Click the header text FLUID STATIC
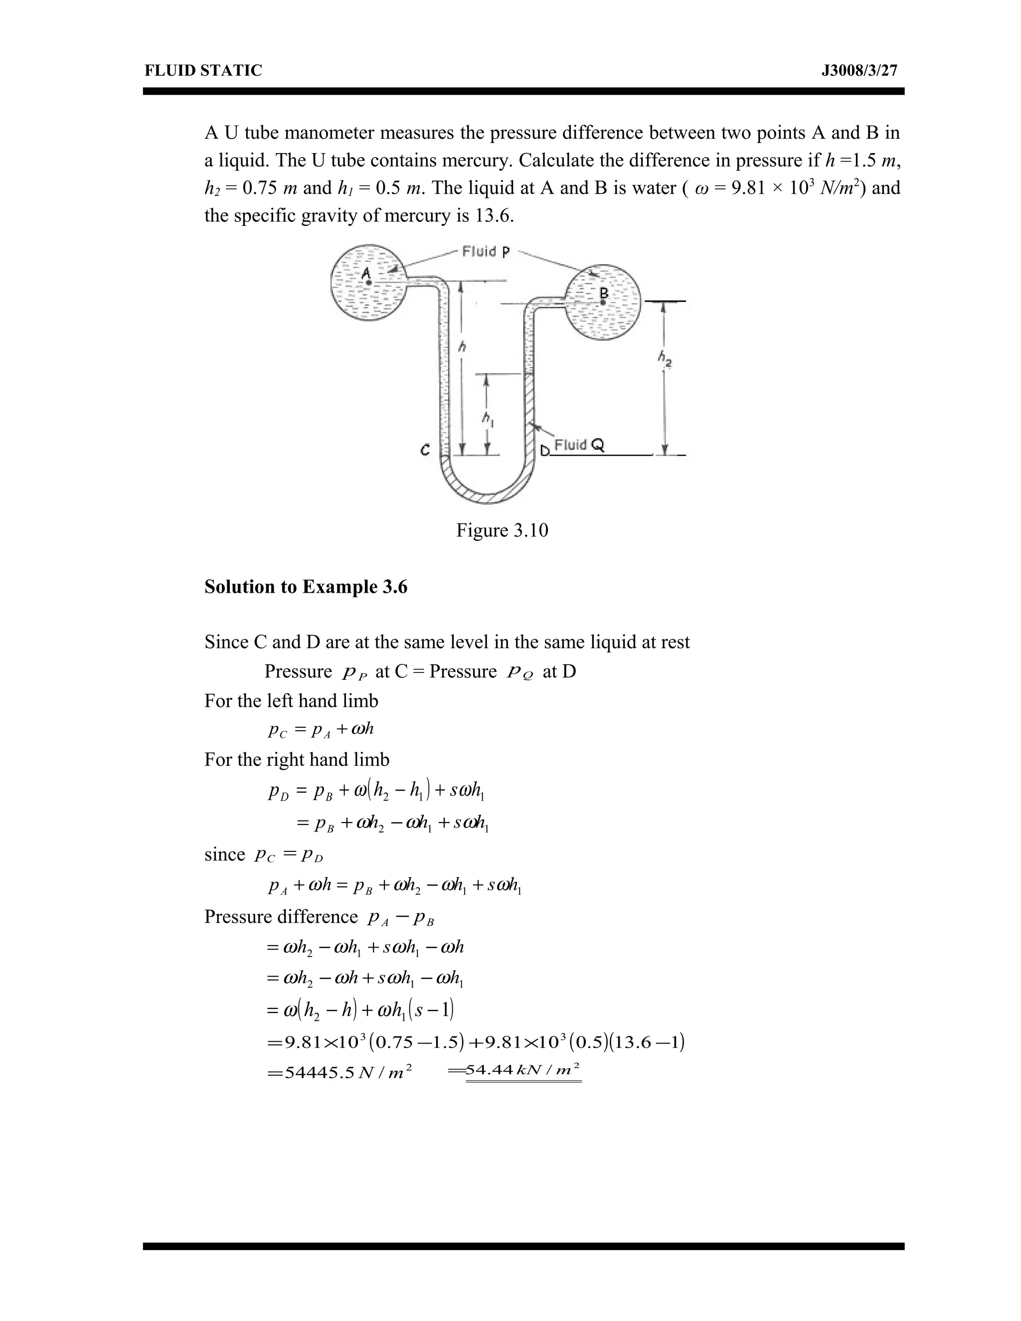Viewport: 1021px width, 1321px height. click(203, 71)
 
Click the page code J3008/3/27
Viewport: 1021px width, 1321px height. click(859, 71)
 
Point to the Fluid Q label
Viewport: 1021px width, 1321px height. click(579, 445)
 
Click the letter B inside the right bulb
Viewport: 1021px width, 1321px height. click(603, 293)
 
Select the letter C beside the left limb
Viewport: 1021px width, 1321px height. click(425, 450)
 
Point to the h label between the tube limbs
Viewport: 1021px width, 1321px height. click(463, 346)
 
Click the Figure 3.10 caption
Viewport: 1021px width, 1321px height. click(502, 530)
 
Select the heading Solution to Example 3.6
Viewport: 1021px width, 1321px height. click(306, 587)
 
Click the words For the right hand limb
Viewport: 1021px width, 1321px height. click(297, 759)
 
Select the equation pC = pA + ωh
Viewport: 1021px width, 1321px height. click(321, 729)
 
